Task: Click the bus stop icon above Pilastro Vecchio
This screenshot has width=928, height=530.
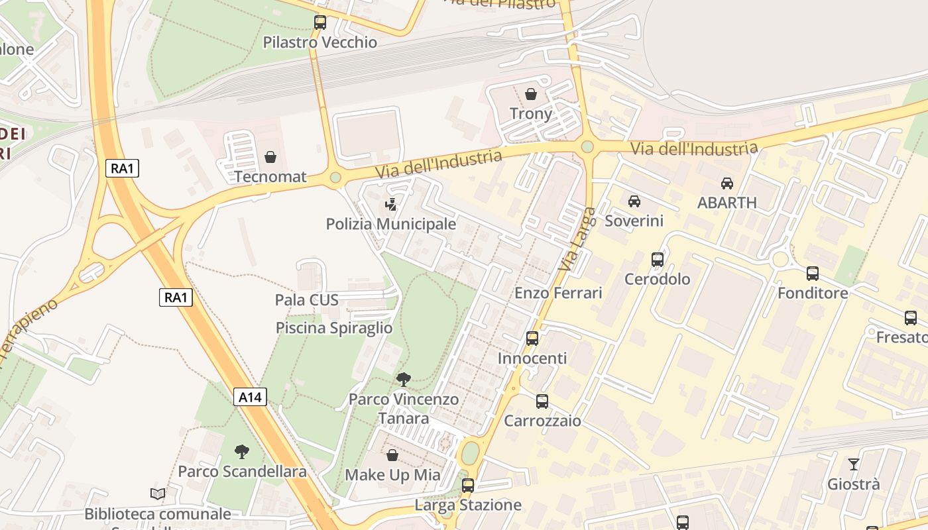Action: click(x=320, y=23)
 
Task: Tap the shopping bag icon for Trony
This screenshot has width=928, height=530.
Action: click(x=531, y=94)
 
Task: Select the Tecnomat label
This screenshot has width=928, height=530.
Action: click(x=270, y=177)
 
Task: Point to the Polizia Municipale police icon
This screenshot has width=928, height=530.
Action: click(x=391, y=204)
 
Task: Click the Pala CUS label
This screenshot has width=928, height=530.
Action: click(x=307, y=300)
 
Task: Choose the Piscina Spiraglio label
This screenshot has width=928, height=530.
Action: click(x=334, y=328)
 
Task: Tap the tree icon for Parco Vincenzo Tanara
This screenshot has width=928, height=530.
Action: click(x=403, y=380)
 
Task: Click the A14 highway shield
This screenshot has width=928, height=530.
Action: click(x=251, y=397)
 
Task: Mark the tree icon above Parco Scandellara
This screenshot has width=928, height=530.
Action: click(x=242, y=452)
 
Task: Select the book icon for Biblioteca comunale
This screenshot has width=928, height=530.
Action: click(x=158, y=494)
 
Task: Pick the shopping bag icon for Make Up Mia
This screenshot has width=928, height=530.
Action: click(x=392, y=455)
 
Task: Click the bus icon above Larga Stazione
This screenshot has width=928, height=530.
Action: click(x=468, y=486)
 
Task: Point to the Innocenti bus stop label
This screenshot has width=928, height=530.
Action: click(x=532, y=358)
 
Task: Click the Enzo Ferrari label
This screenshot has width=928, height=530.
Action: click(x=558, y=293)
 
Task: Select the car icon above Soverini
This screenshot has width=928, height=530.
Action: click(x=634, y=201)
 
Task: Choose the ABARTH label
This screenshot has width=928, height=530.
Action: click(x=727, y=203)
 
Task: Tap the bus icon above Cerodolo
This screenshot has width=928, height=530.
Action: click(x=658, y=259)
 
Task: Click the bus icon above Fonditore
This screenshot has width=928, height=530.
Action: click(x=813, y=273)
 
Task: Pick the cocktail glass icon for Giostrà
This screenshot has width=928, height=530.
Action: click(x=854, y=464)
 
